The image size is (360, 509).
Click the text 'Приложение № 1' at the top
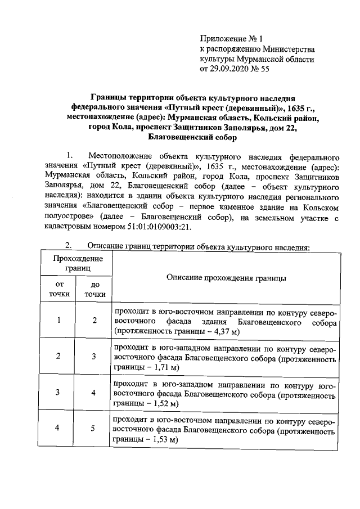(232, 39)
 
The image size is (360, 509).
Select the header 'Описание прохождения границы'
(226, 278)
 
